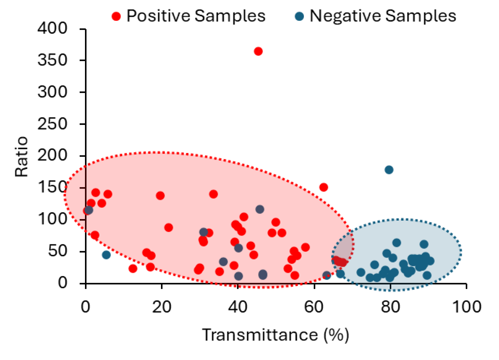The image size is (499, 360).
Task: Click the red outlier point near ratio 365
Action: point(258,51)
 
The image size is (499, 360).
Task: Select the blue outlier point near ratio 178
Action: point(389,170)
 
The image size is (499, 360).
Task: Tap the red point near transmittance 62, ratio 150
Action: point(324,187)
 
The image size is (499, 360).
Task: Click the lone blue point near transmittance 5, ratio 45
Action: point(106,255)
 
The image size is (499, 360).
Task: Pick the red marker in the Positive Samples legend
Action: point(116,16)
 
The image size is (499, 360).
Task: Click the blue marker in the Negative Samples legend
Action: point(299,16)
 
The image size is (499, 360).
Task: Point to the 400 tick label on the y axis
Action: point(52,29)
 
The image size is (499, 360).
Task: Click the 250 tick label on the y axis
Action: point(52,124)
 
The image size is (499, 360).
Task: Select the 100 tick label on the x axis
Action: point(466,307)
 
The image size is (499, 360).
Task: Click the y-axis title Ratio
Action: point(22,157)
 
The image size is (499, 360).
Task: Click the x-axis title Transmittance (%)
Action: point(276,335)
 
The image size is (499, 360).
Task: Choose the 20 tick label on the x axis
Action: point(161,307)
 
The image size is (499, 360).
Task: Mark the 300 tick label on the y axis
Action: point(52,92)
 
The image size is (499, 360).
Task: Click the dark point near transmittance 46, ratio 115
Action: point(260,209)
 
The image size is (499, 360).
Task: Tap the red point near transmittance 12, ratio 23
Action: point(133,269)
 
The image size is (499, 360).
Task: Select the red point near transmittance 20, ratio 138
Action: point(160,195)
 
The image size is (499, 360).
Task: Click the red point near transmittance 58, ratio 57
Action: point(305,247)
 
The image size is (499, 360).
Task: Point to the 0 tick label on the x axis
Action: point(85,307)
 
